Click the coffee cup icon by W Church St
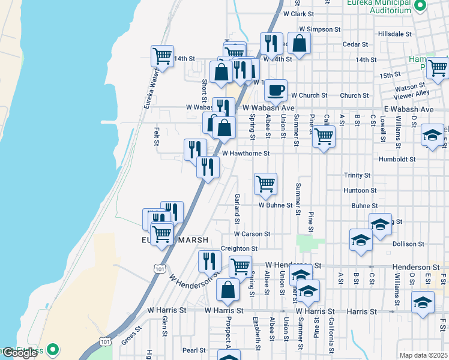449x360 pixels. [276, 91]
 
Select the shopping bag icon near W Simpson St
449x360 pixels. [299, 43]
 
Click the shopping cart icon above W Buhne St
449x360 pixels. [265, 184]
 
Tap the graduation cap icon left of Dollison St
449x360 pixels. [361, 240]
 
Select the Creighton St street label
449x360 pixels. [239, 248]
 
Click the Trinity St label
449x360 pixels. [357, 175]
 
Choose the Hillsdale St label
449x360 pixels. [395, 34]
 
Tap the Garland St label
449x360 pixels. [238, 205]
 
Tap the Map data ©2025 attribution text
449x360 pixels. [424, 355]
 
